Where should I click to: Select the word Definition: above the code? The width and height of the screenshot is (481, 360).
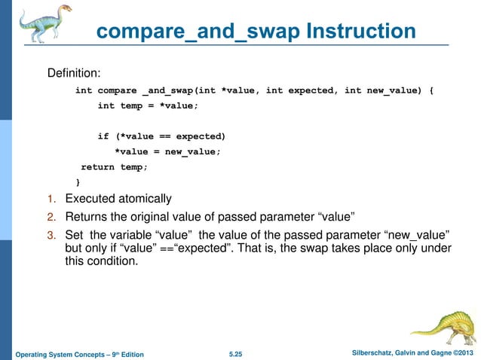(x=75, y=74)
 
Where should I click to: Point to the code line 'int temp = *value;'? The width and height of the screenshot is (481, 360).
(x=148, y=106)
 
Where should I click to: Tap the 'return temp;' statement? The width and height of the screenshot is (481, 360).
(x=114, y=167)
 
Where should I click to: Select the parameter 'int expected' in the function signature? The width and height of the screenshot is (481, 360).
(x=300, y=90)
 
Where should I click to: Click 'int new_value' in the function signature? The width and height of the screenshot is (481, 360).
(x=381, y=90)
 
